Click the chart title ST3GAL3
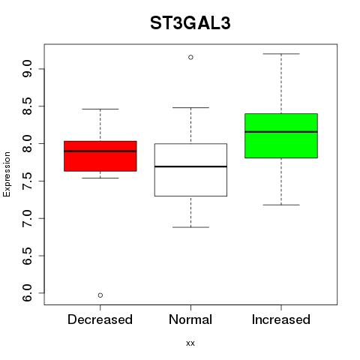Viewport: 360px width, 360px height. point(190,23)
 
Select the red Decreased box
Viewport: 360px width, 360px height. point(100,156)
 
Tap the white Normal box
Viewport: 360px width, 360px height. point(190,169)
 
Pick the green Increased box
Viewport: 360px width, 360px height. point(281,136)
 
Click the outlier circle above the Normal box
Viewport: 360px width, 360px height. point(190,57)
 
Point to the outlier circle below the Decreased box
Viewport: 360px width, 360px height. point(100,295)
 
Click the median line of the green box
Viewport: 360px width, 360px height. point(281,132)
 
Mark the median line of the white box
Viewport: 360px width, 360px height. point(190,166)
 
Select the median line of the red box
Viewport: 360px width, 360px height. point(100,151)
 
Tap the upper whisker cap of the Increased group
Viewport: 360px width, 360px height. point(281,54)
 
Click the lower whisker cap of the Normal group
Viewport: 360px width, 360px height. point(190,227)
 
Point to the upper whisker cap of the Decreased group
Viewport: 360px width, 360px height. point(100,109)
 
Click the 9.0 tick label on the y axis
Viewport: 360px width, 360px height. point(27,69)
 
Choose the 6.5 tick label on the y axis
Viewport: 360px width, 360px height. point(27,256)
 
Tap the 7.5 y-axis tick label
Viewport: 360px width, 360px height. point(27,181)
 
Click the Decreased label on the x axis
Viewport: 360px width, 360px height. point(100,319)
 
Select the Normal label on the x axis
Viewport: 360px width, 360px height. point(190,319)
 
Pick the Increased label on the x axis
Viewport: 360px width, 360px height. point(281,319)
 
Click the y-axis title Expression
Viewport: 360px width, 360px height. point(7,174)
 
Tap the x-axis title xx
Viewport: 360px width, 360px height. point(190,343)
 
